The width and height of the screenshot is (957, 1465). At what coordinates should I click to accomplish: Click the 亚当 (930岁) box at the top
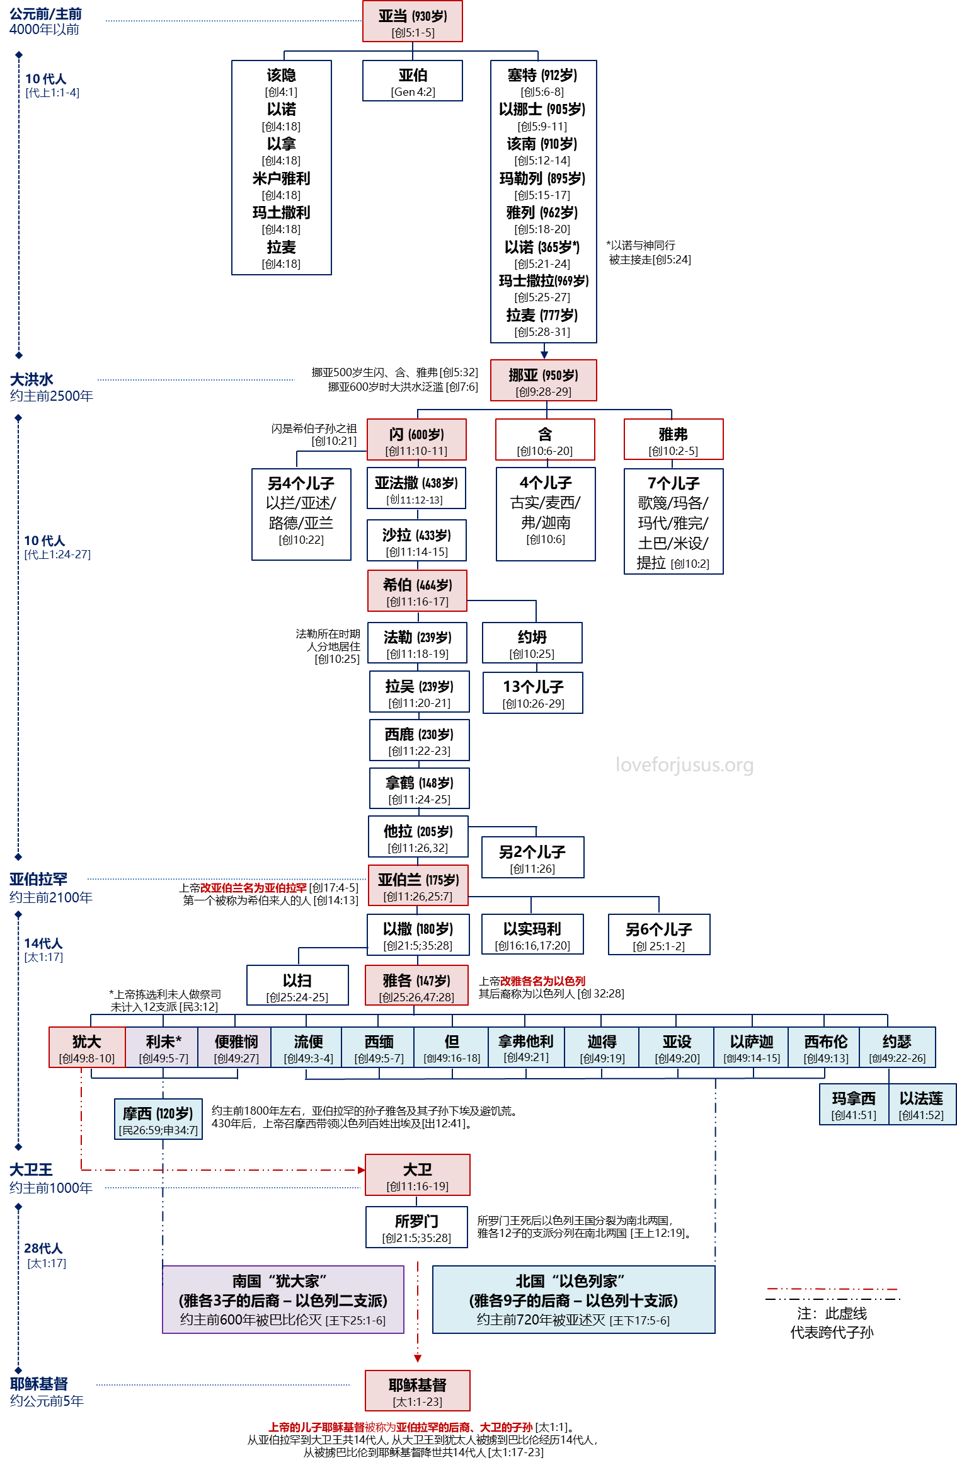[413, 21]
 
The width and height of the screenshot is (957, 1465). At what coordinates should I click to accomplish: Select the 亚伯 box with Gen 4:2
[413, 81]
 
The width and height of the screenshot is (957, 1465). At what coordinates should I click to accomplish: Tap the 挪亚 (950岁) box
[543, 381]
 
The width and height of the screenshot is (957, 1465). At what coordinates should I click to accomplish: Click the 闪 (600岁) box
[416, 440]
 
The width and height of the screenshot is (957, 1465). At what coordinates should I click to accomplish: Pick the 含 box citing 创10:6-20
[545, 440]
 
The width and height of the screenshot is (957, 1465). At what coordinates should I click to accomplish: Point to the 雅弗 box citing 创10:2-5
[673, 440]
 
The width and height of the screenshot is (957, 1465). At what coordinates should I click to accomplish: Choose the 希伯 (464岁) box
[417, 591]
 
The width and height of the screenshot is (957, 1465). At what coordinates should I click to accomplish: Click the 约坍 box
[532, 643]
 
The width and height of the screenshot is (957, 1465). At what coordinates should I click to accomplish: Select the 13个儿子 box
[533, 693]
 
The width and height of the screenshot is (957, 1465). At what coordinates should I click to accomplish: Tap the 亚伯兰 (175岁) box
[418, 885]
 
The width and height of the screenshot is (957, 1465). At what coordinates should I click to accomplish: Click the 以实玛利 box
[532, 934]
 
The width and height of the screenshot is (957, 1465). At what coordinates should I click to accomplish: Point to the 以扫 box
[297, 985]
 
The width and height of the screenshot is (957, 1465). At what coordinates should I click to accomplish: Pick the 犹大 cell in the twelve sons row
[87, 1048]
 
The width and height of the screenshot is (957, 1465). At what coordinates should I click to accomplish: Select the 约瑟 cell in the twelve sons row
[897, 1048]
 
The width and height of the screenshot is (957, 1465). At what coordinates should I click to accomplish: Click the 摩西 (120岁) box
[158, 1120]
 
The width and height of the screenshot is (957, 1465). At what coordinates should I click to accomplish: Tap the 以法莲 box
[922, 1105]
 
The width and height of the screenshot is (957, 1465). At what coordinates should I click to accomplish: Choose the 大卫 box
[418, 1175]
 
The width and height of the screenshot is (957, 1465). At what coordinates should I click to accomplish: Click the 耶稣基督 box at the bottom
[418, 1391]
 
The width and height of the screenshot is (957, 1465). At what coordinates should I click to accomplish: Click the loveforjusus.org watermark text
[685, 765]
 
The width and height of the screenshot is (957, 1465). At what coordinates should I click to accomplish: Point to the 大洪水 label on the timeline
[32, 380]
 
